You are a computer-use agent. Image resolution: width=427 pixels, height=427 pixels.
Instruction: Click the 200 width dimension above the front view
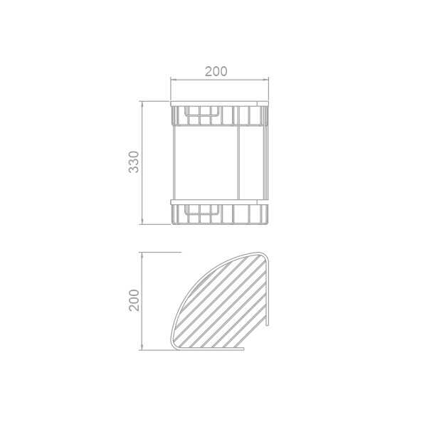tap(216, 71)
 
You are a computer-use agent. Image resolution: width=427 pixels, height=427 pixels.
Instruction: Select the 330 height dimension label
tap(134, 162)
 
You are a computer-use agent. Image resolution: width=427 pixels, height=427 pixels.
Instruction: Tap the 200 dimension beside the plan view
tap(134, 300)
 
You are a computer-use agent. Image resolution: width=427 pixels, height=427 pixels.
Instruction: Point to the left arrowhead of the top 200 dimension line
tap(174, 80)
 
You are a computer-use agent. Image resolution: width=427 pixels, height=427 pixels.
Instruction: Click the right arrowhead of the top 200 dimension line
tap(265, 80)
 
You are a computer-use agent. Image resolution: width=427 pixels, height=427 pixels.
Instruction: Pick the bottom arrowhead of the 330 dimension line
tap(142, 221)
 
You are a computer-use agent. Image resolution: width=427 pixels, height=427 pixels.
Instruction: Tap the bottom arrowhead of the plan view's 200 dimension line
tap(142, 347)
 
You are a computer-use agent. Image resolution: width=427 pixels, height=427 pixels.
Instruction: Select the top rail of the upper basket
tap(219, 104)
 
